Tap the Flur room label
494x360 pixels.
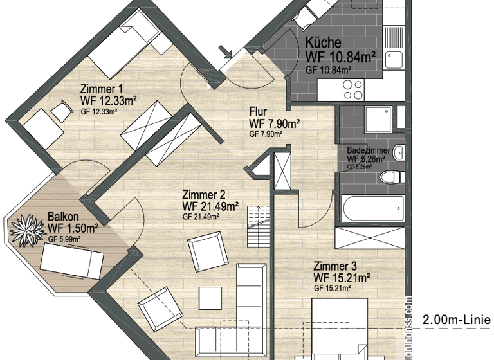(258, 111)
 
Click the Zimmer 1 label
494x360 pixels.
(101, 89)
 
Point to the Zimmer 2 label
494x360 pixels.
(203, 195)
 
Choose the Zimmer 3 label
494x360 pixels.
(335, 265)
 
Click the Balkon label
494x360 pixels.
(64, 217)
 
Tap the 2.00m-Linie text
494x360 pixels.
(457, 320)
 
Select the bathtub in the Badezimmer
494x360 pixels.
(372, 208)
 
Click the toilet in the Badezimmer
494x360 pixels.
(389, 177)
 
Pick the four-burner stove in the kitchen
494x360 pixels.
(352, 89)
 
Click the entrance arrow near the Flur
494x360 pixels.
(225, 52)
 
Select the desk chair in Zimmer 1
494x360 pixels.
(61, 111)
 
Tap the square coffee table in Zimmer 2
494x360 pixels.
(210, 297)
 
